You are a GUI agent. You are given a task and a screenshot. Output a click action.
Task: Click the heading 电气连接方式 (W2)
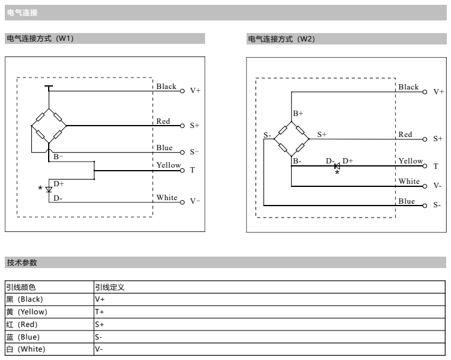click(281, 39)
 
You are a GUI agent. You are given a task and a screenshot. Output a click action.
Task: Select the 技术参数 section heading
click(22, 263)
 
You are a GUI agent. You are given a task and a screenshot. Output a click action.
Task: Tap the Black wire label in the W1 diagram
click(167, 86)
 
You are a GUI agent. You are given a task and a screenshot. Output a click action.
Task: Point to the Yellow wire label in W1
click(168, 165)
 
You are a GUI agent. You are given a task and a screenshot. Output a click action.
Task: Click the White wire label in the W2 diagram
click(409, 181)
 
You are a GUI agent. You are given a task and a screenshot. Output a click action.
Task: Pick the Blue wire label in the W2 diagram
click(407, 201)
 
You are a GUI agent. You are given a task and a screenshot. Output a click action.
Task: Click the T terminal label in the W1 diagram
click(192, 170)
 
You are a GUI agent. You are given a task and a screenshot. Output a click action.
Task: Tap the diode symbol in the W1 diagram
click(49, 189)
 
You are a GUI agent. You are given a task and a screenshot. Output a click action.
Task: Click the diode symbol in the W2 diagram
click(337, 166)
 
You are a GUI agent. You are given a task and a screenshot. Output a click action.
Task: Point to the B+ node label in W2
click(298, 113)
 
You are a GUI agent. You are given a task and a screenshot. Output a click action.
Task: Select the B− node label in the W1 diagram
click(59, 156)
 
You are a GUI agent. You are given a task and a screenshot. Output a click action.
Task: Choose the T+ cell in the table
click(100, 311)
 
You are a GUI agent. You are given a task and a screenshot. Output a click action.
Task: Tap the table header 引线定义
click(109, 287)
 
